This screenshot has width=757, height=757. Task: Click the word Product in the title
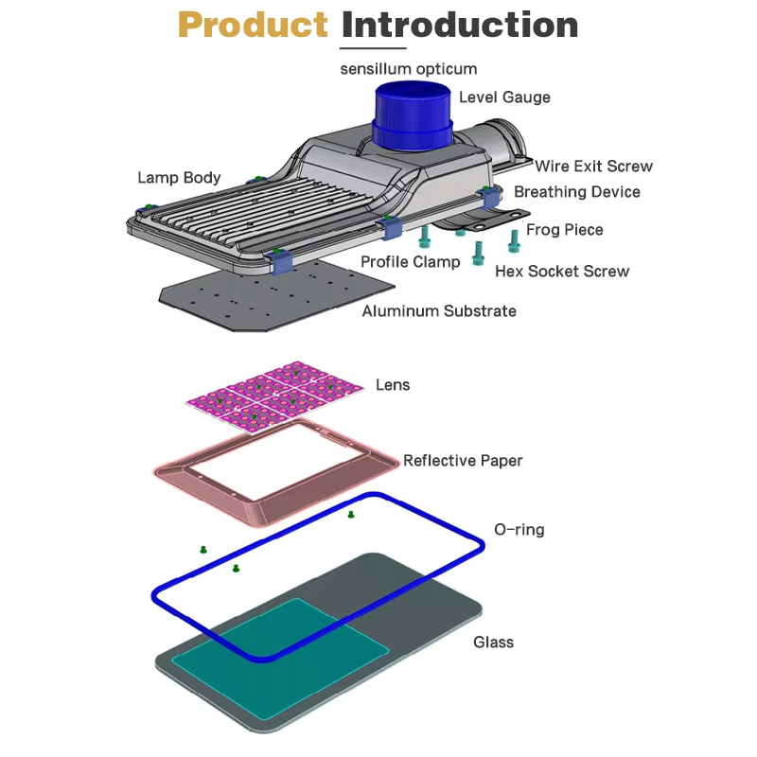click(253, 26)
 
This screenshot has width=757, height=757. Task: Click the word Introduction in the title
click(459, 26)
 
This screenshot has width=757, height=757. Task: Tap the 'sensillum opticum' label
click(409, 69)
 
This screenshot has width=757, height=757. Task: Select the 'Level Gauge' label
click(504, 97)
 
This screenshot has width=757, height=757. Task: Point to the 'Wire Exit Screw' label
click(593, 167)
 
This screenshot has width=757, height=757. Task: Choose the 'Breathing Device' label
click(576, 192)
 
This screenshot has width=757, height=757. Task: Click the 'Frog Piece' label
click(564, 230)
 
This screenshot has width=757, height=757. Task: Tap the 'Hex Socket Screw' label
click(562, 272)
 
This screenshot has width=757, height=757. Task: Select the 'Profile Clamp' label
click(410, 262)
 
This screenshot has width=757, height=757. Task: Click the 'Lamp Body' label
click(179, 178)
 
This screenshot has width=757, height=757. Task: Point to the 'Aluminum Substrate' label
click(439, 310)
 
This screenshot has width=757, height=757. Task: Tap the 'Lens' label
click(393, 385)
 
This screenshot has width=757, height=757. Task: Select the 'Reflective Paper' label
click(463, 461)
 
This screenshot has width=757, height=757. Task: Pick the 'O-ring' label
click(519, 530)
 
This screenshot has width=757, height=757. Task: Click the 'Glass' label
click(493, 643)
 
